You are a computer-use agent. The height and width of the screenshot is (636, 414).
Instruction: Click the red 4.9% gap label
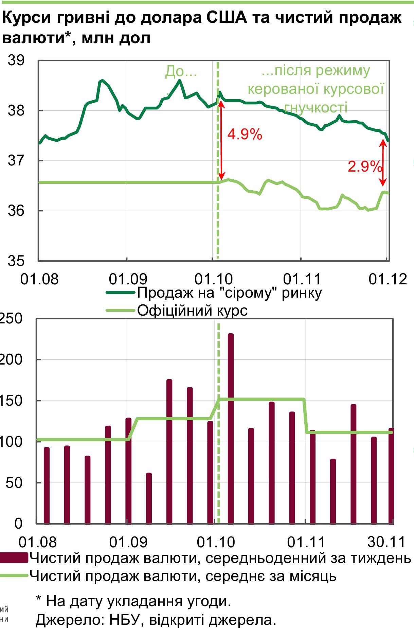[245, 135]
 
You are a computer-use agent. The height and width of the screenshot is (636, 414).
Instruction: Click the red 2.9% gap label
[364, 166]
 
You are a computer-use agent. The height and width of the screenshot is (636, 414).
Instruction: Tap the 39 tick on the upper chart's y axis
[16, 61]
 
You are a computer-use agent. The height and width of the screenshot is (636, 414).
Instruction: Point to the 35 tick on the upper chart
[16, 261]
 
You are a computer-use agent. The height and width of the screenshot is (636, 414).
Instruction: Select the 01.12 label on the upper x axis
[388, 279]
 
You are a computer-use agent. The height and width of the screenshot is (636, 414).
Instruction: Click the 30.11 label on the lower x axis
[386, 542]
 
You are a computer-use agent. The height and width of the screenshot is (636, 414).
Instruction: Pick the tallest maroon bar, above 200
[231, 428]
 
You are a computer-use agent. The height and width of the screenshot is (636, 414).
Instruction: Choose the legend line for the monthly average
[14, 576]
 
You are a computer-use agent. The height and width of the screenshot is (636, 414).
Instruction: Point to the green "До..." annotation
[181, 72]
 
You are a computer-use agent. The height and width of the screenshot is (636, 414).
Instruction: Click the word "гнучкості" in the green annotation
[316, 108]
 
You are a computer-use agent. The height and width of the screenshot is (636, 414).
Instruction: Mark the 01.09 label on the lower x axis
[128, 542]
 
